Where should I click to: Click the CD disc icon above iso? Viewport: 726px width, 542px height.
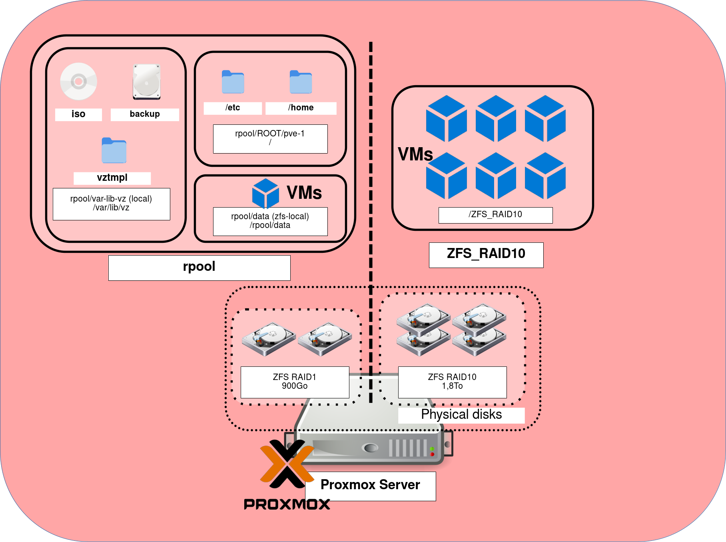pos(79,82)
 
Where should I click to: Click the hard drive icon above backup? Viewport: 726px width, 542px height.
pos(147,82)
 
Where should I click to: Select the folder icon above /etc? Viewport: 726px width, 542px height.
pos(233,82)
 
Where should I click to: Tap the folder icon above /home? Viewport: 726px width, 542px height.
pos(301,82)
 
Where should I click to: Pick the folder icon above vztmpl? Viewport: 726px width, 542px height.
pos(114,150)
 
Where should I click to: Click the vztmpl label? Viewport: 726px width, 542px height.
pos(112,178)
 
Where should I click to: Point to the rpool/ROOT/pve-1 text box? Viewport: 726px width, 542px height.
pos(270,138)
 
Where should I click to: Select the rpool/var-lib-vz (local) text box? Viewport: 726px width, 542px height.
pos(111,204)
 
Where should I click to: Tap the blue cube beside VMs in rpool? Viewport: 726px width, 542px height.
pos(265,193)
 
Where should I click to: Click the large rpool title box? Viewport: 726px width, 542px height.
pos(199,268)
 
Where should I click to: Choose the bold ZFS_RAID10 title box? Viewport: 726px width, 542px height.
pos(486,254)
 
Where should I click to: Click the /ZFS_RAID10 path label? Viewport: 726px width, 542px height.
pos(495,215)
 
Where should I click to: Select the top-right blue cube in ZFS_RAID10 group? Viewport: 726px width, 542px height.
pos(545,118)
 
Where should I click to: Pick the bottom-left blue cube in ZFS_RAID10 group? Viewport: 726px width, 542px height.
pos(446,176)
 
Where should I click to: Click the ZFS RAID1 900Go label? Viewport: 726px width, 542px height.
pos(295,382)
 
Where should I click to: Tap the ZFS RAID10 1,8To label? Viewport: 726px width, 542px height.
pos(452,382)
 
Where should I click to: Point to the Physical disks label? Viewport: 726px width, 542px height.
pos(461,415)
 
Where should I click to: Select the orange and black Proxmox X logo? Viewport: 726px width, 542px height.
pos(287,464)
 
